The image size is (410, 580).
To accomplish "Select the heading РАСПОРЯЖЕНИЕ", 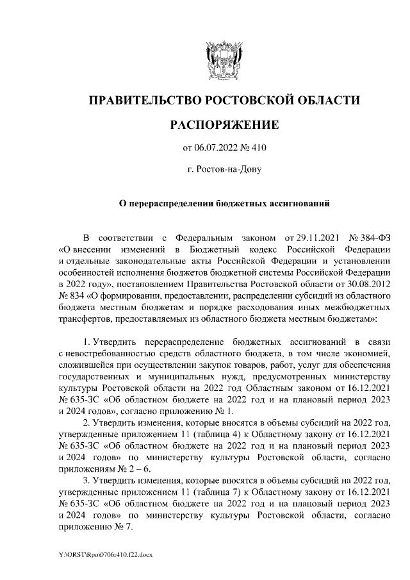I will tap(224, 124).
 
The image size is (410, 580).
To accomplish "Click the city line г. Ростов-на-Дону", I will tap(224, 170).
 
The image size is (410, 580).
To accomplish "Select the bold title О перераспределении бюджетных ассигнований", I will tap(224, 204).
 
